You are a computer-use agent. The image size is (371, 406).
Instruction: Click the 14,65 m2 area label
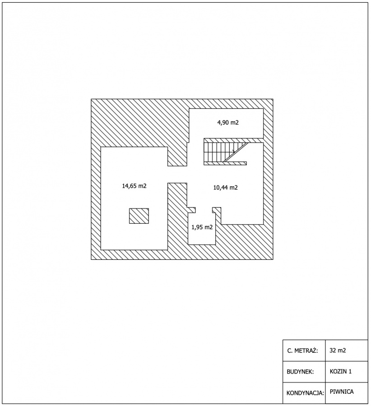(134, 186)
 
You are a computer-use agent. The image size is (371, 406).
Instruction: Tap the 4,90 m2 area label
(228, 122)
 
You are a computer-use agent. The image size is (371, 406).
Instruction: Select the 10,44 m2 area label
(225, 188)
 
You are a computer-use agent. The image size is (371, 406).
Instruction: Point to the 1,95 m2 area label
(202, 227)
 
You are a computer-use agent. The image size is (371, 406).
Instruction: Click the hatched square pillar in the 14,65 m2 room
(139, 216)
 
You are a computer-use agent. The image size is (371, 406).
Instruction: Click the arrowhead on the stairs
(234, 152)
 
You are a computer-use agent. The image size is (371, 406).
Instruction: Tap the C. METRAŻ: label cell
(302, 351)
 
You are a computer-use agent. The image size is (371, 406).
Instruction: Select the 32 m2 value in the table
(338, 351)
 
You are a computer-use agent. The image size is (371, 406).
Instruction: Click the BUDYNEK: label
(300, 372)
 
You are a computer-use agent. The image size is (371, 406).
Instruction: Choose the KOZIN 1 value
(341, 371)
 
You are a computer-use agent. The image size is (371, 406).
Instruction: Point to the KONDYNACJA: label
(305, 393)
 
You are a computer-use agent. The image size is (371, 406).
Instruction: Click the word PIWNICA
(342, 392)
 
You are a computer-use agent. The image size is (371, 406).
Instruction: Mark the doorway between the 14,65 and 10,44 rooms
(177, 174)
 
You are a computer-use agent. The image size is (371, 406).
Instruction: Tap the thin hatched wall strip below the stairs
(225, 163)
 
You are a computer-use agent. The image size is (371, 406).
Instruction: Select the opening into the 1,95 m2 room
(204, 210)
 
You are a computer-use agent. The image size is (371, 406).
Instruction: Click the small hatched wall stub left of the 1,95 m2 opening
(191, 210)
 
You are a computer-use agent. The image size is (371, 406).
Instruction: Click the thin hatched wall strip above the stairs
(234, 140)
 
